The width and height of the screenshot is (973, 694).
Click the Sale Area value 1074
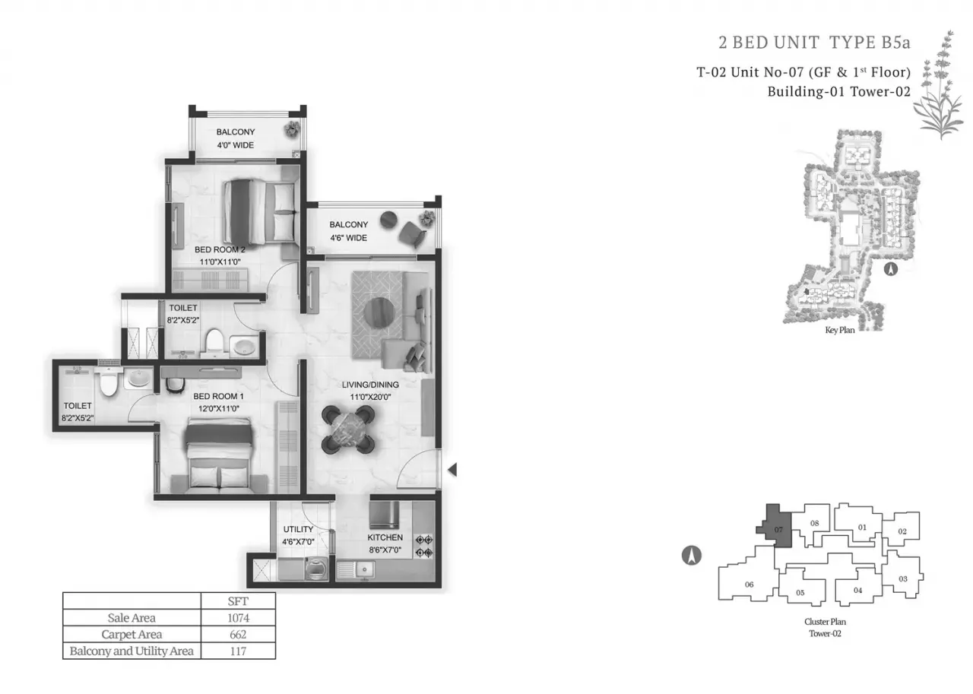coord(239,617)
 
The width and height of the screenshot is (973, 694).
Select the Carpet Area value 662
coord(238,635)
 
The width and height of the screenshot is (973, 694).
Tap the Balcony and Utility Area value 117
coord(238,651)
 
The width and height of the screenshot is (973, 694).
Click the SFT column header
coord(238,601)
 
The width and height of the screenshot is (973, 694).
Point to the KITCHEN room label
coord(385,537)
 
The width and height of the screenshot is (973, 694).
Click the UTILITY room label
coord(298,529)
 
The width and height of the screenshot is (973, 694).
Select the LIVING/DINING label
coord(370,385)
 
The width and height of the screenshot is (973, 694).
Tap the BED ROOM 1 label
coord(218,396)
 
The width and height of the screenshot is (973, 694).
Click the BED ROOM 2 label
coord(220,249)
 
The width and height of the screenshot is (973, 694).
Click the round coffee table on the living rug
coord(379,312)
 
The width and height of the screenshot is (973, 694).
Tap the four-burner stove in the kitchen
coord(424,547)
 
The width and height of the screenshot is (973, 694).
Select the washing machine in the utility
coord(317,569)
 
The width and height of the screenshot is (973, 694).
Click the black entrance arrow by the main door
coord(452,470)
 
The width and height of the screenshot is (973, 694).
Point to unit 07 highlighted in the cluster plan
coord(775,526)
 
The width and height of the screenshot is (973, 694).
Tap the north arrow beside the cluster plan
coord(692,555)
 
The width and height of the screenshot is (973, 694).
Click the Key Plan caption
coord(840,330)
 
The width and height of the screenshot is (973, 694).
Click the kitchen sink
coord(355,570)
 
